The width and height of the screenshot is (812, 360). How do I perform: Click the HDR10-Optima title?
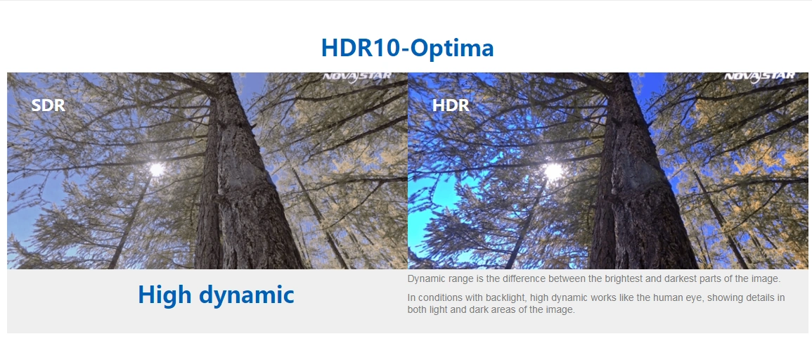point(407,48)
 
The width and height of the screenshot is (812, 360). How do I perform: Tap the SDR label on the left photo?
point(49,105)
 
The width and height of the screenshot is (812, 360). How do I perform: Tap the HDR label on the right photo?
point(451,105)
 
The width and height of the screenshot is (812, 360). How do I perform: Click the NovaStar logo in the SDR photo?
point(357,77)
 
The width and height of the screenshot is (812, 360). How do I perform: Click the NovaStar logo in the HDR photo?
point(760,77)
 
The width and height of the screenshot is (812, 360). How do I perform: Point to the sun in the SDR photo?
point(156,169)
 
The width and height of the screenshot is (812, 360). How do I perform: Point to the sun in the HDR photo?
point(553,171)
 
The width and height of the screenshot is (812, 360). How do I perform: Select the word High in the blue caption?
point(165,295)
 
